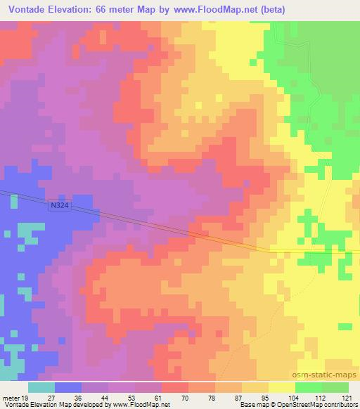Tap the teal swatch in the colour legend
tap(41, 387)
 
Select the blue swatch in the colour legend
tap(68, 387)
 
